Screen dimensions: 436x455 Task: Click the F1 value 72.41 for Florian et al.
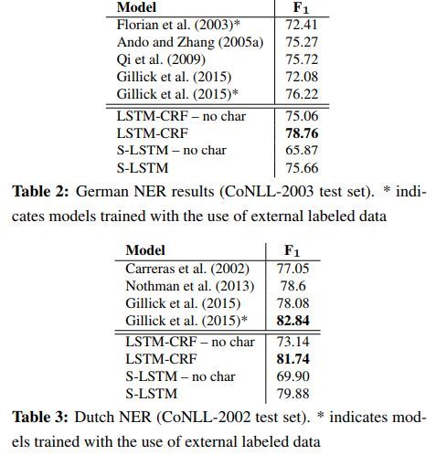[x=302, y=25]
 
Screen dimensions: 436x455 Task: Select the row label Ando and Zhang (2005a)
[x=190, y=42]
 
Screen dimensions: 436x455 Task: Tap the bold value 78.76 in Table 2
[x=302, y=133]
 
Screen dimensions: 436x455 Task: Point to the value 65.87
[x=302, y=151]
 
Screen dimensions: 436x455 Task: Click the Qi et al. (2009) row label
[x=161, y=59]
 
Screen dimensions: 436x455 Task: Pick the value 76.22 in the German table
[x=302, y=94]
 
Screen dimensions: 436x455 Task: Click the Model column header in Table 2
[x=136, y=7]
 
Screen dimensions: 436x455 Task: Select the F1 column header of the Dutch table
[x=292, y=250]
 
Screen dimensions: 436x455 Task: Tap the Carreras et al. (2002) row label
[x=187, y=269]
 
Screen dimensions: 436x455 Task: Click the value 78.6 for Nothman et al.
[x=293, y=286]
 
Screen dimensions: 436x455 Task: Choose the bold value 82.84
[x=292, y=321]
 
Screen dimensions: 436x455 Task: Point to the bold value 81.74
[x=292, y=359]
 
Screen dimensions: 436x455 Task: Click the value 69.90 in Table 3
[x=292, y=376]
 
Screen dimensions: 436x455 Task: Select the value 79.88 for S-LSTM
[x=292, y=394]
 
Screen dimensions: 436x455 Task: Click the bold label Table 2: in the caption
[x=40, y=192]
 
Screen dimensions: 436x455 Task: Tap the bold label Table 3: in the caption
[x=39, y=417]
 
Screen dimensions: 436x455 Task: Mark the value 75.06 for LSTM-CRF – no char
[x=302, y=116]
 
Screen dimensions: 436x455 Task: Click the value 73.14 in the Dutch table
[x=292, y=342]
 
